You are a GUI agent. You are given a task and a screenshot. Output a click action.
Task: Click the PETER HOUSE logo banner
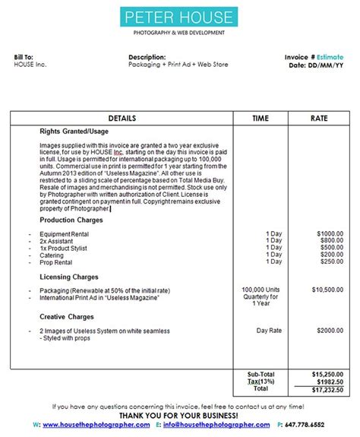179,16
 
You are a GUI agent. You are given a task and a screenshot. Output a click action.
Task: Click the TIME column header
261,119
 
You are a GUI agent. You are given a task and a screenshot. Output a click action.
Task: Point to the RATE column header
319,119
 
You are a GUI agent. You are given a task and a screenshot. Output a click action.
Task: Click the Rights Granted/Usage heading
74,131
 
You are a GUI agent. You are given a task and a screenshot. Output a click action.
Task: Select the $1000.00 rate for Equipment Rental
330,233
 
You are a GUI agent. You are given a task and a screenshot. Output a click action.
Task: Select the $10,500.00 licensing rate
328,290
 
